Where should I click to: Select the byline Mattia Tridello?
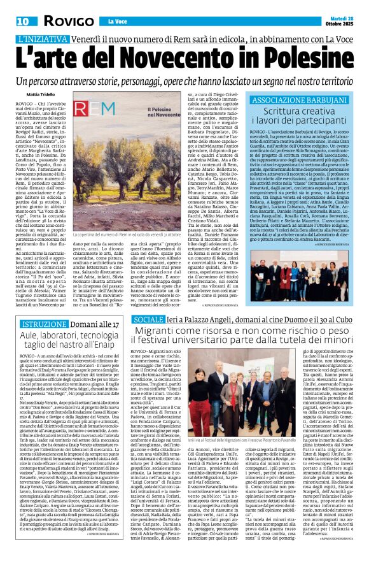tap(31, 93)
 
